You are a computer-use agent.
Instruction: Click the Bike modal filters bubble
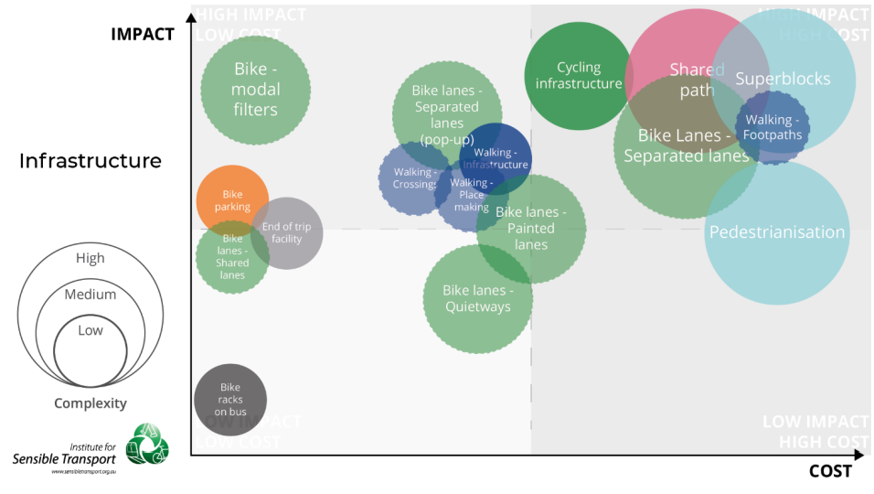(255, 90)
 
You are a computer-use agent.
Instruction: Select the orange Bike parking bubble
(232, 200)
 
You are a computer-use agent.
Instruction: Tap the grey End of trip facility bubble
(287, 233)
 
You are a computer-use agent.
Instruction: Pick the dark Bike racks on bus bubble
(230, 400)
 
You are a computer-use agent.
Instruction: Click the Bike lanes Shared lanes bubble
(232, 257)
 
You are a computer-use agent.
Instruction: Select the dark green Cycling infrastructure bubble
(579, 76)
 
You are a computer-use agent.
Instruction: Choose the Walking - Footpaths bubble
(773, 127)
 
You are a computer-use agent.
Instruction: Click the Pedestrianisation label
(777, 232)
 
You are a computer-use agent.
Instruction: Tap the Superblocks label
(783, 79)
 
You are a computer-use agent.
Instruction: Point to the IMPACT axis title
(142, 34)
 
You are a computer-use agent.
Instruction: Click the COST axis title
(829, 471)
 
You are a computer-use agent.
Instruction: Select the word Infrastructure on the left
(90, 161)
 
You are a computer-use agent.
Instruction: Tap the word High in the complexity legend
(90, 258)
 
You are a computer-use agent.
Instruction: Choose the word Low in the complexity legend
(90, 330)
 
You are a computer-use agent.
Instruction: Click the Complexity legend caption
(90, 403)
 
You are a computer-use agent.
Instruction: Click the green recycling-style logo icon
(146, 445)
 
